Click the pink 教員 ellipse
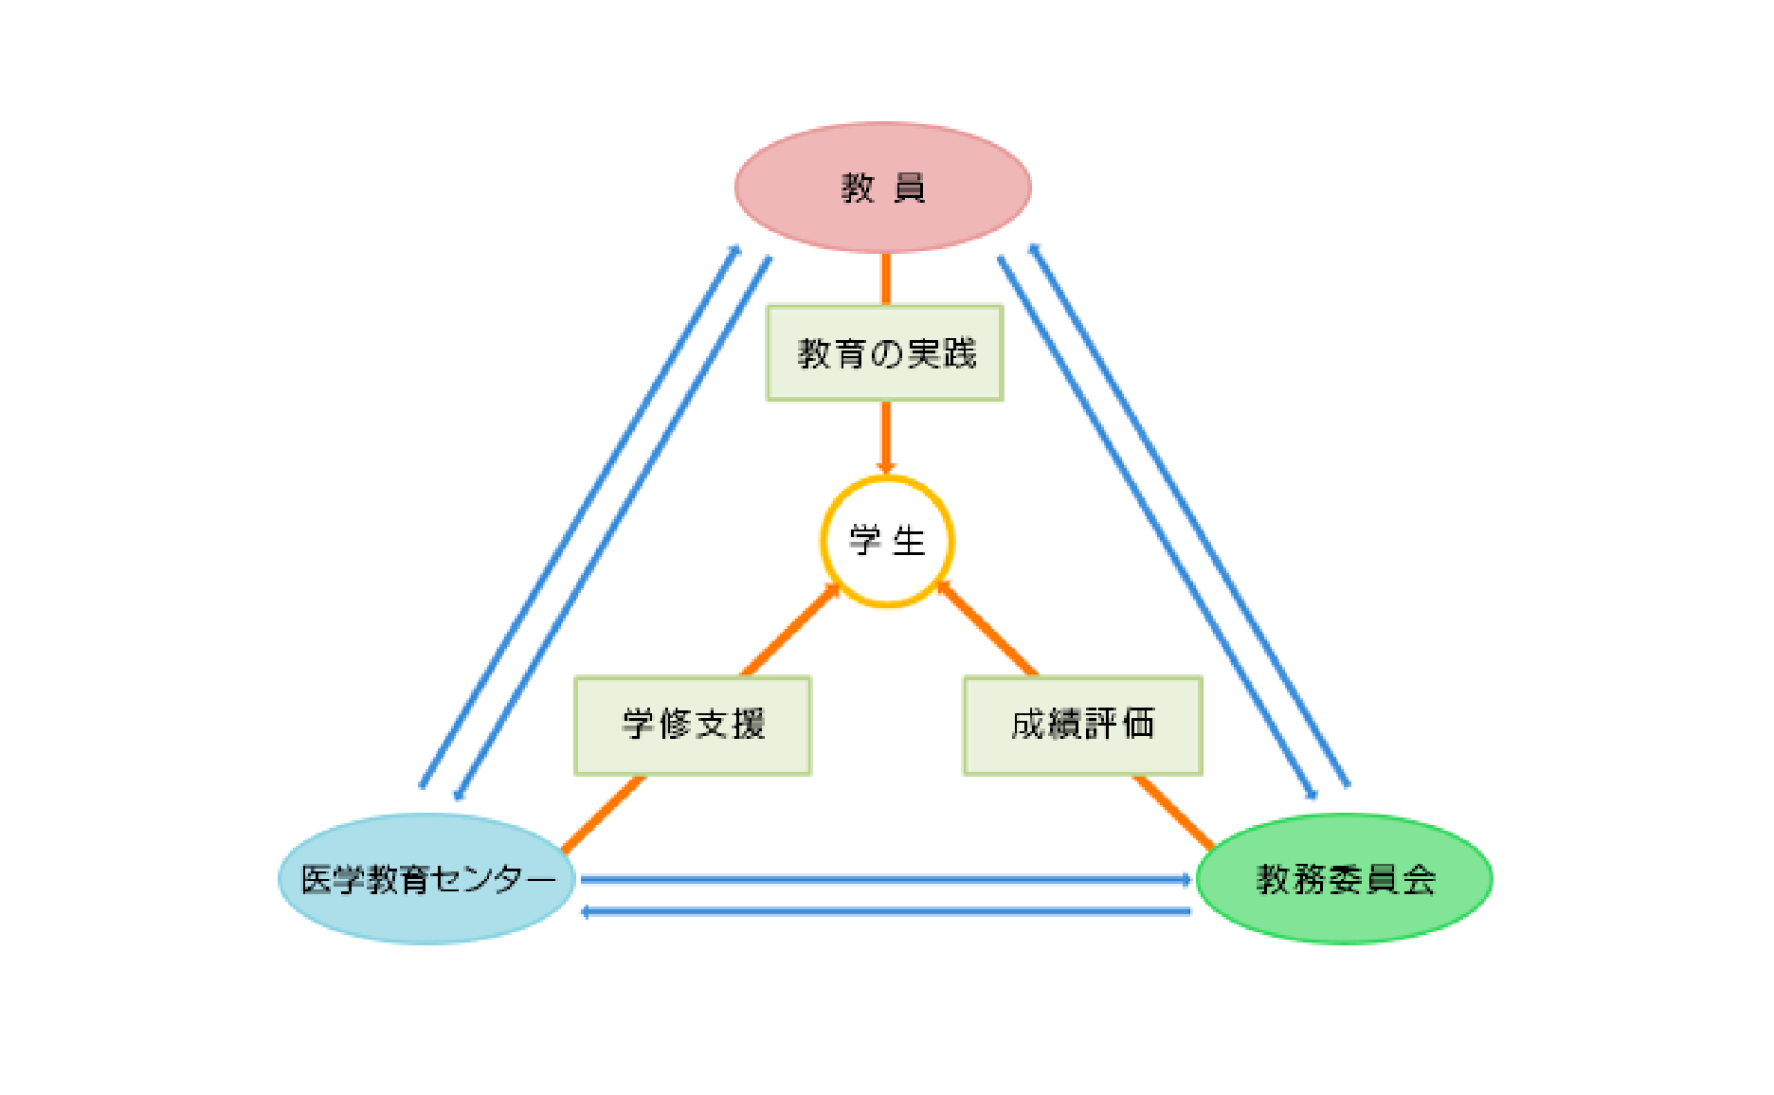pyautogui.click(x=883, y=188)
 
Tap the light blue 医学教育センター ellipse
pyautogui.click(x=426, y=879)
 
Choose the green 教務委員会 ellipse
pyautogui.click(x=1345, y=879)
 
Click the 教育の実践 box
pyautogui.click(x=885, y=353)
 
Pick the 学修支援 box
pyautogui.click(x=693, y=726)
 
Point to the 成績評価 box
pyautogui.click(x=1083, y=726)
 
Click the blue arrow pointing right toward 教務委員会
pyautogui.click(x=886, y=880)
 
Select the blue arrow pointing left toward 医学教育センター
pyautogui.click(x=886, y=912)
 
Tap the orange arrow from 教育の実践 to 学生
pyautogui.click(x=886, y=438)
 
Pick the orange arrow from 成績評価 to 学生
pyautogui.click(x=987, y=629)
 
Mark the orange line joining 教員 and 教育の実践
pyautogui.click(x=886, y=278)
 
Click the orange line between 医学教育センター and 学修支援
pyautogui.click(x=604, y=814)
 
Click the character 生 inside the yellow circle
pyautogui.click(x=909, y=542)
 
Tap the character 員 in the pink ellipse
pyautogui.click(x=910, y=188)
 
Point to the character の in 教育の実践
pyautogui.click(x=887, y=354)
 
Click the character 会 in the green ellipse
pyautogui.click(x=1420, y=880)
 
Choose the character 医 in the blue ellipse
pyautogui.click(x=317, y=880)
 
